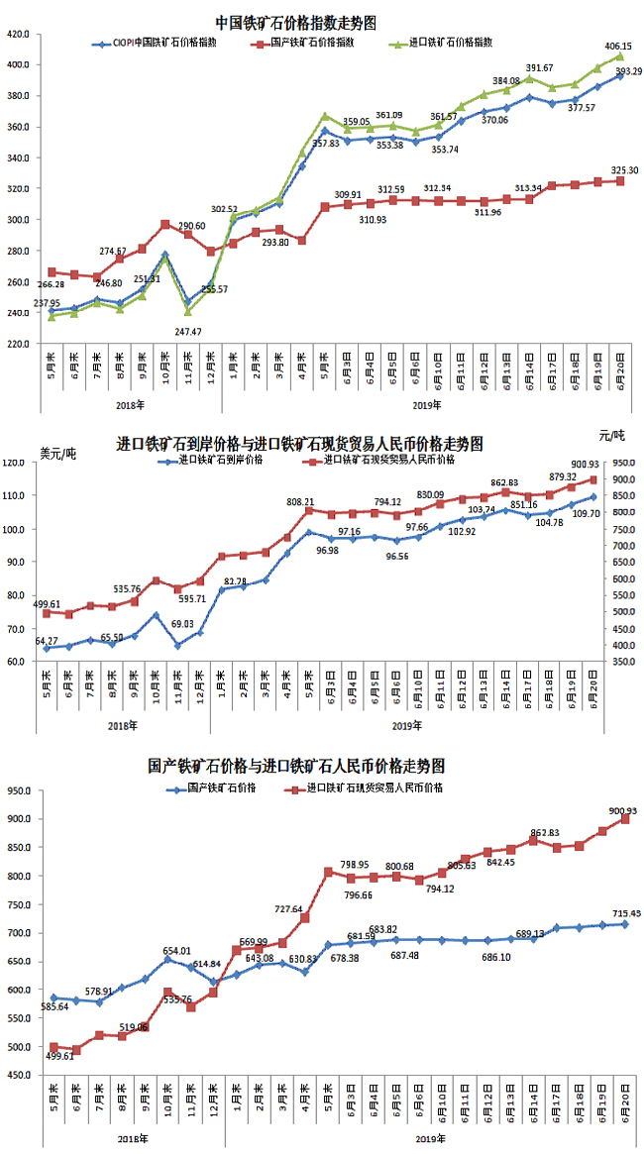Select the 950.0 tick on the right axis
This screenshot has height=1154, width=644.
click(622, 463)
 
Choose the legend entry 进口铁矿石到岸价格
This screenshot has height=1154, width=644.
click(223, 460)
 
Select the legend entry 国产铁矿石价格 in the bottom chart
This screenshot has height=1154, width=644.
click(221, 788)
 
